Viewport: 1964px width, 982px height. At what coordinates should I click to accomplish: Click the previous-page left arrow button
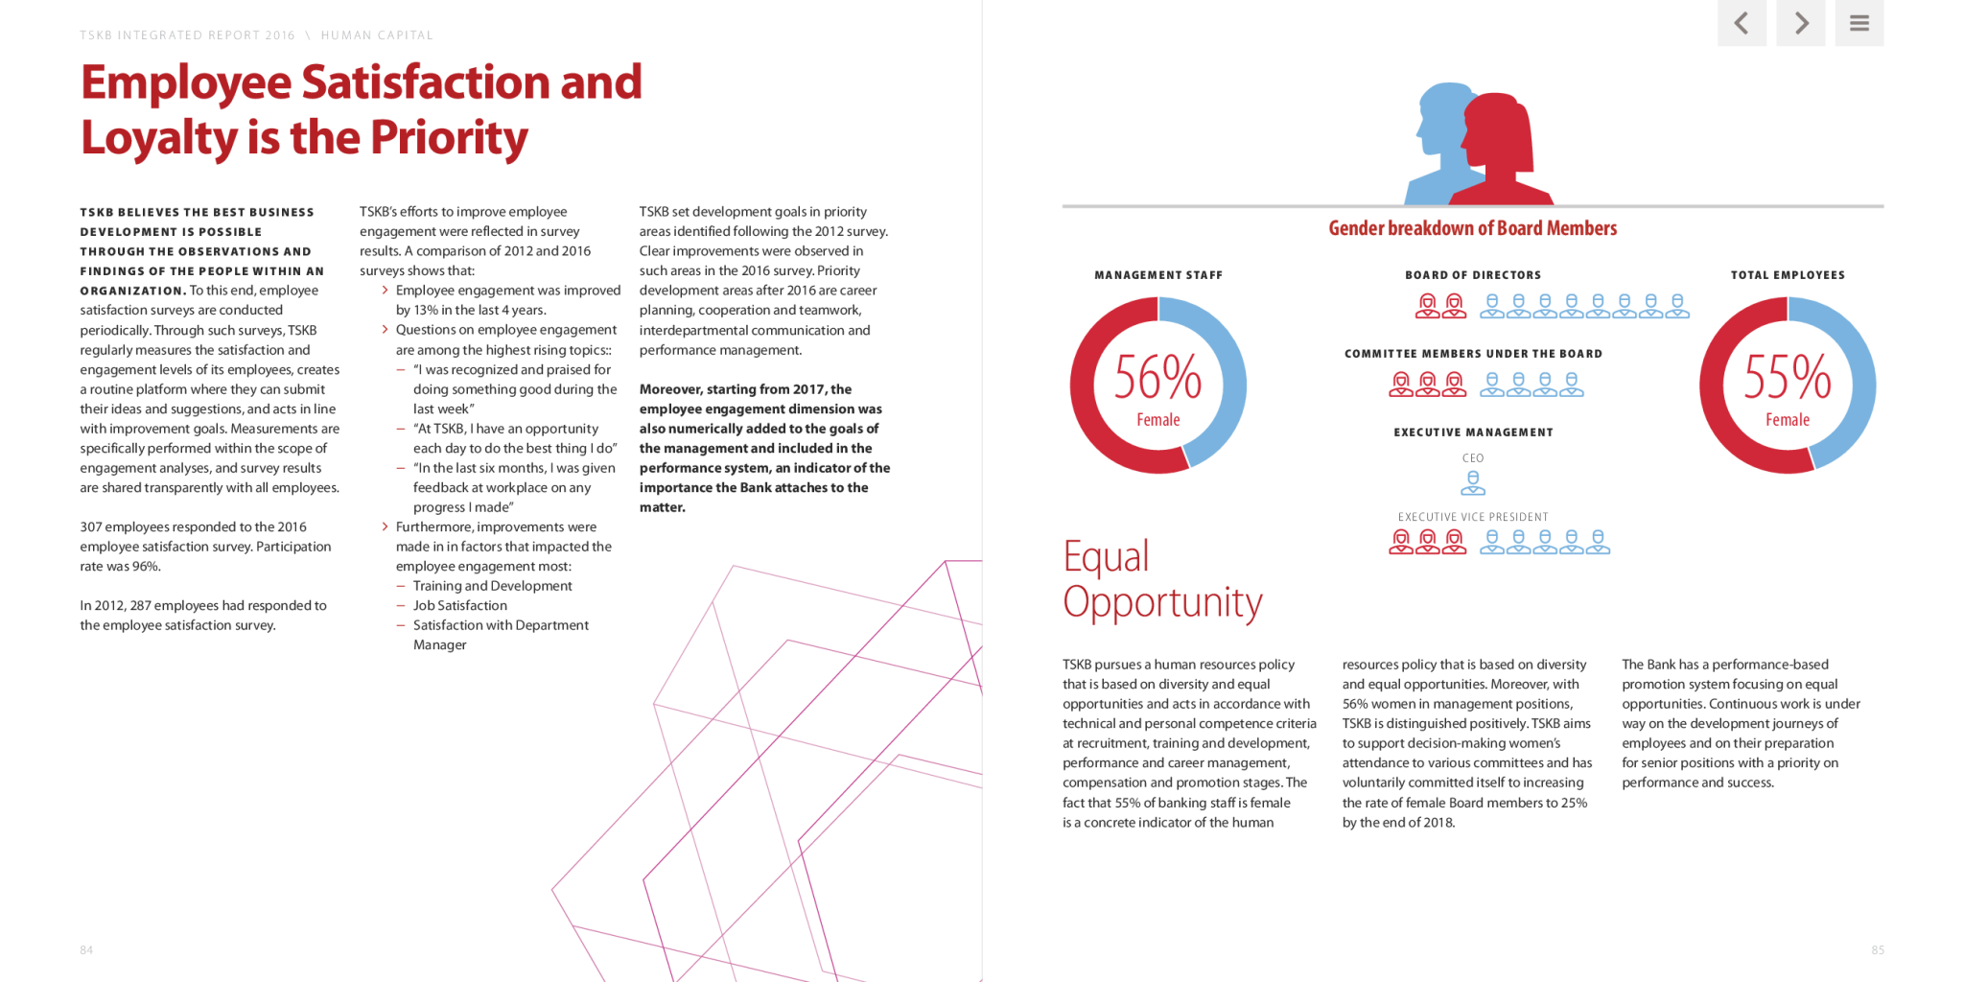(x=1742, y=22)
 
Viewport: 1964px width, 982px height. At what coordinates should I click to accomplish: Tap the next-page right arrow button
(x=1801, y=22)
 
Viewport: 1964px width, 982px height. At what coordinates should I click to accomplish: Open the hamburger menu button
(x=1859, y=22)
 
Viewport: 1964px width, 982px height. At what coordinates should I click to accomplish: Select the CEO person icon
(x=1473, y=482)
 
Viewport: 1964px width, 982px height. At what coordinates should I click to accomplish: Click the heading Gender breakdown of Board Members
(x=1472, y=228)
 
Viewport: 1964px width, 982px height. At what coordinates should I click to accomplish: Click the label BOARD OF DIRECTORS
(x=1473, y=275)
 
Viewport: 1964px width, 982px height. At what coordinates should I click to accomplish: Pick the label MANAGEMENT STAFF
(x=1158, y=275)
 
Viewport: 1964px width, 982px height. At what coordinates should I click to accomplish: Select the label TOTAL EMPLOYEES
(x=1788, y=275)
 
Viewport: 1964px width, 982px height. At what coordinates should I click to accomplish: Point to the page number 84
(x=86, y=950)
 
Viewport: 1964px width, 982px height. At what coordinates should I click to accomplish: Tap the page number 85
(x=1878, y=950)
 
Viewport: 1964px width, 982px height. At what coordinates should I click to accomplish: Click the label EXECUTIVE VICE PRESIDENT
(x=1473, y=517)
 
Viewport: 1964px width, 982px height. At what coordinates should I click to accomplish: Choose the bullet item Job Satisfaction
(x=459, y=605)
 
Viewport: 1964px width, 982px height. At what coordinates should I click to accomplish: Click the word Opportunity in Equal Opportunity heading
(x=1162, y=602)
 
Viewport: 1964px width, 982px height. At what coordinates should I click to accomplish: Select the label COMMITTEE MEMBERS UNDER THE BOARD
(x=1473, y=354)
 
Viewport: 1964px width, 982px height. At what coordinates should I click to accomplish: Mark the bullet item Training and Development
(x=492, y=586)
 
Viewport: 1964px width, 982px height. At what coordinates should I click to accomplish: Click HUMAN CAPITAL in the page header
(x=377, y=35)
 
